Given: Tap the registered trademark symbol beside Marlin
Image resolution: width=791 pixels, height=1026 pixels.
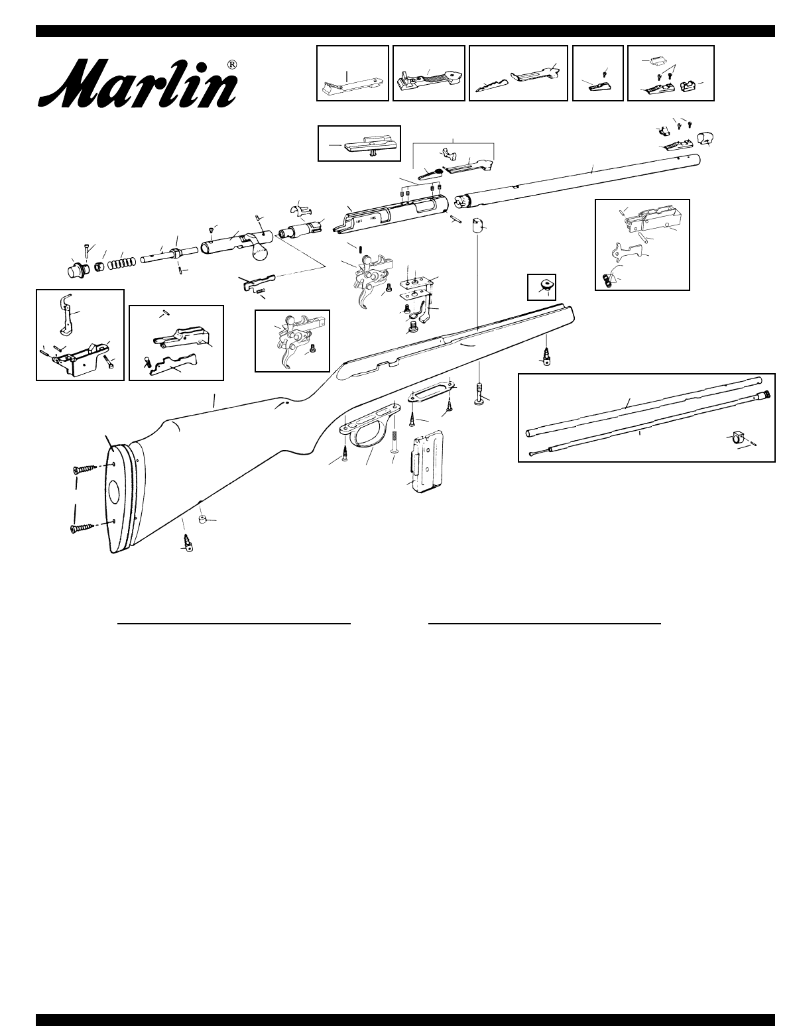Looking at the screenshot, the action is (232, 65).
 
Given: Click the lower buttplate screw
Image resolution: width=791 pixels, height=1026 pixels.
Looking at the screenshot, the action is (83, 528).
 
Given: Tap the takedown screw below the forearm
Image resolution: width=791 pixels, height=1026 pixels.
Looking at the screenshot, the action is (478, 396).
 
